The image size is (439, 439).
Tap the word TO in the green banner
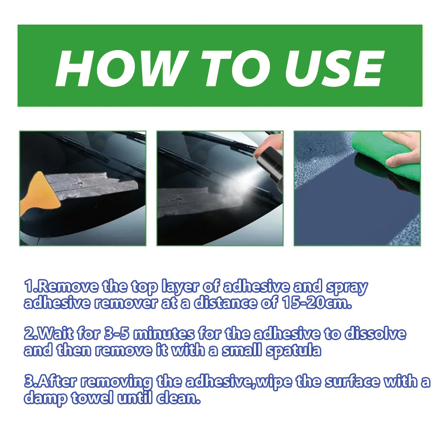pos(237,68)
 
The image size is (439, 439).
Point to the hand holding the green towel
pos(403,149)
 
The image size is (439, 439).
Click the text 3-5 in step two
pos(116,334)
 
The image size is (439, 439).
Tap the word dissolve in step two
pos(375,334)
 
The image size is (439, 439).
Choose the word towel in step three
pos(92,398)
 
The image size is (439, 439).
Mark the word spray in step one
pos(347,288)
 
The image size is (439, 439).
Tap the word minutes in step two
pos(164,334)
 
